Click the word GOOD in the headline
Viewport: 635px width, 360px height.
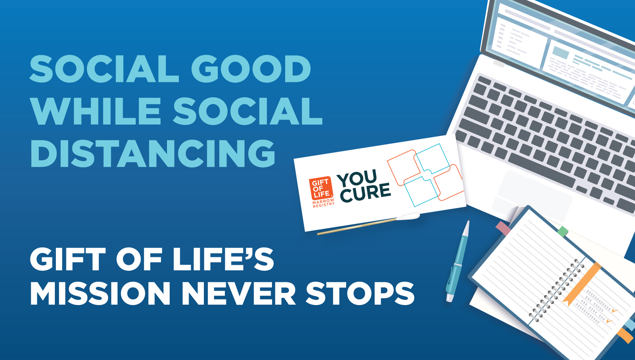(251, 69)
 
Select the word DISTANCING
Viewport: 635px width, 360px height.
(153, 153)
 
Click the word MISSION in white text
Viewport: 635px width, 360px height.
(100, 293)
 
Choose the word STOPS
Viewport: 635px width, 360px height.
(360, 293)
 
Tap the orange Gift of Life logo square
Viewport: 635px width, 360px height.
(320, 188)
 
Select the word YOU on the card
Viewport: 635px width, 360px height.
(357, 178)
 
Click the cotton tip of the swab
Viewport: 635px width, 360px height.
(408, 216)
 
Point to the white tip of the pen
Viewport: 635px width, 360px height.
(450, 298)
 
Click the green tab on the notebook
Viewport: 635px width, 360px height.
(563, 232)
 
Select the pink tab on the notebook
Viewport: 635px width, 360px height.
(503, 228)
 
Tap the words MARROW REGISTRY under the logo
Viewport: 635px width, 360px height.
(323, 203)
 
